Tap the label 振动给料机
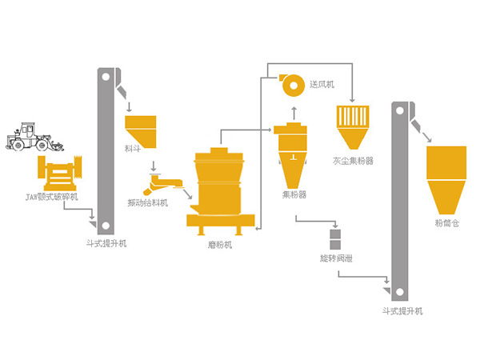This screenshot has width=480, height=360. click(x=149, y=202)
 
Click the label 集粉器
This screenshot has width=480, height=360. click(x=294, y=195)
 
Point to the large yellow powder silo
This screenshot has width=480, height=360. click(x=446, y=176)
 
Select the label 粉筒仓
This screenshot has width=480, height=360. click(x=447, y=222)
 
